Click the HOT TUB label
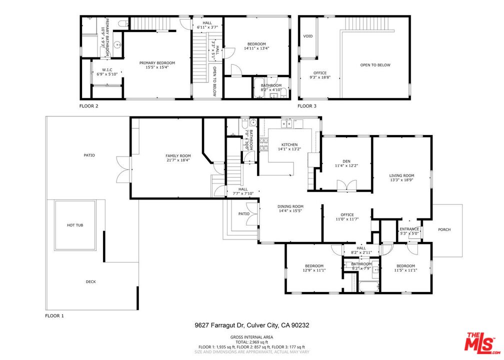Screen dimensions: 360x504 (75, 225)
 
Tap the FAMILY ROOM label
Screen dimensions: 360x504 (178, 156)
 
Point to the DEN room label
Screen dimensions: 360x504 (346, 161)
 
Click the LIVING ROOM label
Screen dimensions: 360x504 (402, 175)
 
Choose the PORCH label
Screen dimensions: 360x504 (444, 229)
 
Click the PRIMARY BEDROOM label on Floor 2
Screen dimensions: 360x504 (157, 63)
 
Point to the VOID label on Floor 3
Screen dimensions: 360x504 (308, 36)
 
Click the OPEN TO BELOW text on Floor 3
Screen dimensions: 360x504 (375, 65)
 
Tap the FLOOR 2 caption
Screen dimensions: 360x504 (89, 106)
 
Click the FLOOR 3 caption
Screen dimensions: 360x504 (307, 106)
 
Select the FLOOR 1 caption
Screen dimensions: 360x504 (55, 315)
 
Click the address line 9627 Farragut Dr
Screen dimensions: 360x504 (252, 325)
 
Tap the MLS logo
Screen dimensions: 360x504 (480, 343)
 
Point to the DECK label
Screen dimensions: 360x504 (90, 281)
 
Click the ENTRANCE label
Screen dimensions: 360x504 (409, 229)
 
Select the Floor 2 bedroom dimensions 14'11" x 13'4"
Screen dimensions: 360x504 (256, 48)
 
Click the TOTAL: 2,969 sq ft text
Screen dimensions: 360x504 (252, 342)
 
